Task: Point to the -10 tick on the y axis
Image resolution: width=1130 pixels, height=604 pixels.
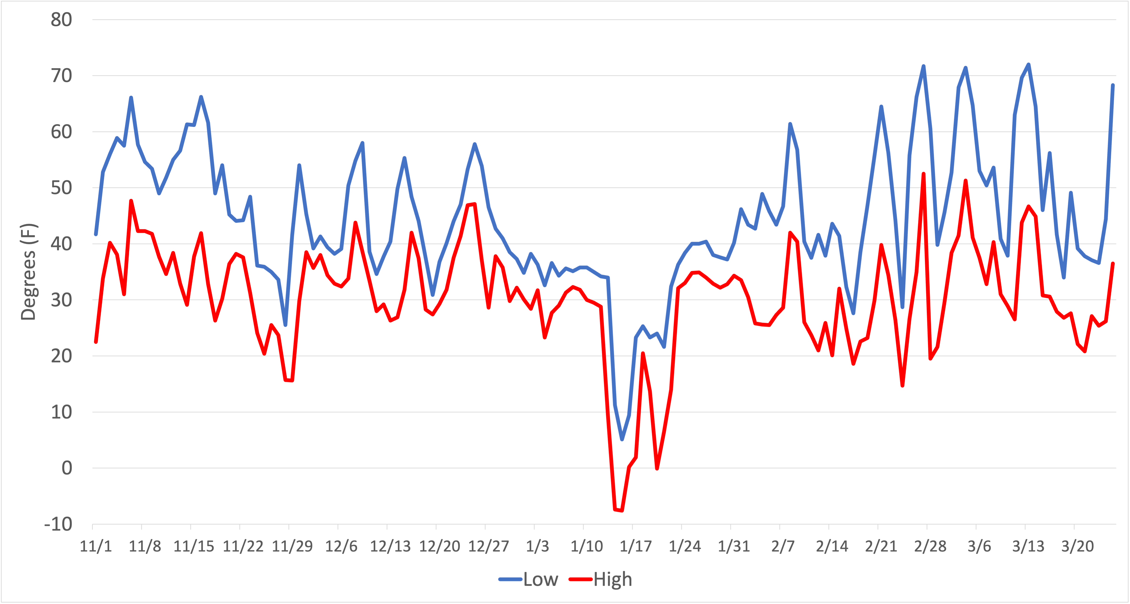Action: (58, 524)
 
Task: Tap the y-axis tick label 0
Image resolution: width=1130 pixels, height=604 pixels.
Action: (67, 468)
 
